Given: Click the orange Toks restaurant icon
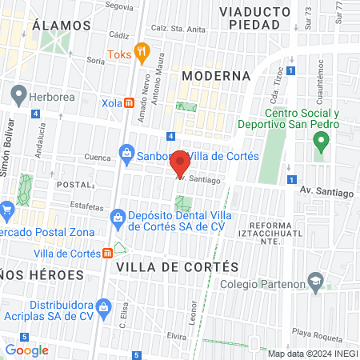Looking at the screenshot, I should (x=142, y=54).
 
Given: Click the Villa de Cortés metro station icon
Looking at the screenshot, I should (x=108, y=253).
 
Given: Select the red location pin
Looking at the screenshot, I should (x=180, y=163).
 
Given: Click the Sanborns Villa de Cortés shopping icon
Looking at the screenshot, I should (x=126, y=152).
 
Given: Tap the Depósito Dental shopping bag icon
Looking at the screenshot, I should (x=117, y=216).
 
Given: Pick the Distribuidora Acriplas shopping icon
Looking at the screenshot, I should (x=103, y=306).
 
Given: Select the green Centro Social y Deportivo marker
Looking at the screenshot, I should (x=322, y=143).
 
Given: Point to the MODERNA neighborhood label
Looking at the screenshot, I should (x=216, y=75).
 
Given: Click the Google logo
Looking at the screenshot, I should (x=26, y=350).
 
